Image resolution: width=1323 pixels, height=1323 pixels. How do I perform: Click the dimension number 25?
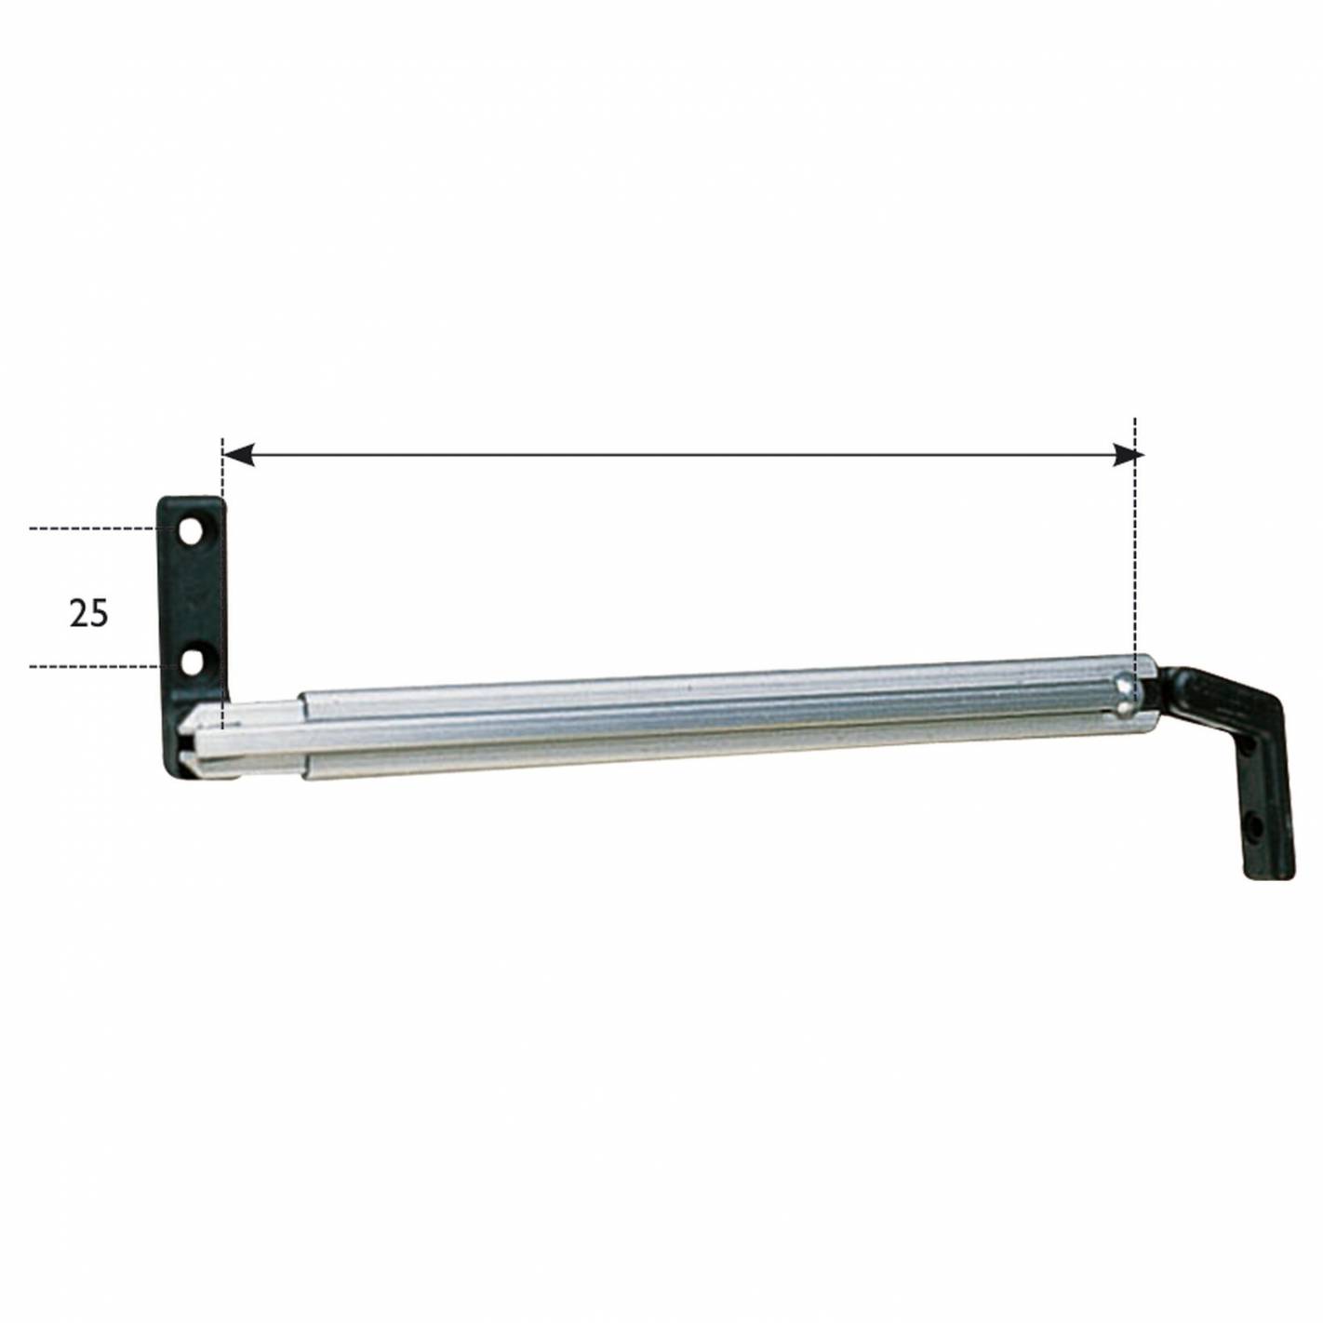(x=88, y=614)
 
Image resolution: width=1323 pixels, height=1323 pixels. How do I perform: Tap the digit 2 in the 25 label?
(x=79, y=614)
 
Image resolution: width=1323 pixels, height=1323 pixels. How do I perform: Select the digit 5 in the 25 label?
(x=99, y=614)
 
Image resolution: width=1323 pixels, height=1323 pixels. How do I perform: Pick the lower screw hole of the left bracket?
(x=193, y=662)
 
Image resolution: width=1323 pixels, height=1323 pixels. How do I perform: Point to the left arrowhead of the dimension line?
(x=239, y=455)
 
